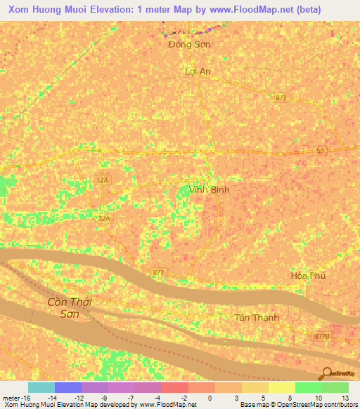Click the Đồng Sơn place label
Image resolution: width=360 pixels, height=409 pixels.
[190, 44]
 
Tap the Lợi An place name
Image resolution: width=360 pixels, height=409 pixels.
[198, 71]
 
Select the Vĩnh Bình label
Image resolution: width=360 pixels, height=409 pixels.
[210, 190]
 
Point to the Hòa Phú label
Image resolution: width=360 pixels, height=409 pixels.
[308, 275]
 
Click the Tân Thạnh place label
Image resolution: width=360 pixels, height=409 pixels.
[256, 318]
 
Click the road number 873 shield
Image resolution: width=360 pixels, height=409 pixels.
[281, 97]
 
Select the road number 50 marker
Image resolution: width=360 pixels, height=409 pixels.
[320, 152]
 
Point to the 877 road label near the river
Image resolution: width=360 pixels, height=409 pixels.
[158, 272]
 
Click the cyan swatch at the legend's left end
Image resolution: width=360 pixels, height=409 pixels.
[41, 387]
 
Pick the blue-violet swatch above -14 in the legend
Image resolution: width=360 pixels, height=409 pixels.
[67, 387]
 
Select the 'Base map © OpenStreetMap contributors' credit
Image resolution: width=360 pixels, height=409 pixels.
[298, 405]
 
